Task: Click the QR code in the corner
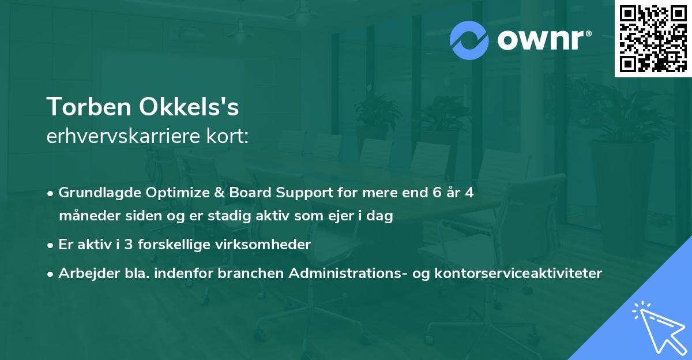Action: click(x=653, y=38)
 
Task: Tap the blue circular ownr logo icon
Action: click(x=469, y=40)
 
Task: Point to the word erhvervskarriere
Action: click(x=121, y=137)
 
